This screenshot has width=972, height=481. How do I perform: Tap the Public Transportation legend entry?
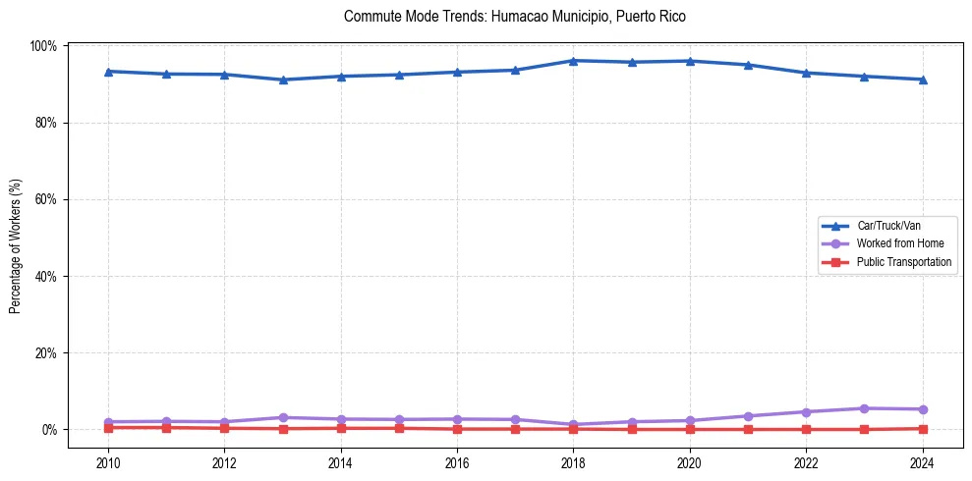pyautogui.click(x=903, y=262)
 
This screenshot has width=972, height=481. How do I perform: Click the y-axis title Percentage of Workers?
pyautogui.click(x=16, y=246)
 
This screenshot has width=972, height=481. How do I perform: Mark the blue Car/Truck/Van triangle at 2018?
pyautogui.click(x=573, y=61)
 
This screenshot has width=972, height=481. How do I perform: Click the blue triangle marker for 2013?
pyautogui.click(x=282, y=80)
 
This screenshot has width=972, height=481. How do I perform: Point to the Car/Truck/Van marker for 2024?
pyautogui.click(x=923, y=80)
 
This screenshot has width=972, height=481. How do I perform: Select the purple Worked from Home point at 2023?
pyautogui.click(x=864, y=408)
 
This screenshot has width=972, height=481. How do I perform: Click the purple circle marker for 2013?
pyautogui.click(x=282, y=417)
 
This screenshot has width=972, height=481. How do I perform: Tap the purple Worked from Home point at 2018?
pyautogui.click(x=573, y=424)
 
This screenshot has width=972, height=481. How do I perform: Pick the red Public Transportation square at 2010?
pyautogui.click(x=108, y=427)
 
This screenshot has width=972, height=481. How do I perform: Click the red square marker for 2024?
pyautogui.click(x=923, y=428)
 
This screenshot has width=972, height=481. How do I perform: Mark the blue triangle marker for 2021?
pyautogui.click(x=748, y=65)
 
